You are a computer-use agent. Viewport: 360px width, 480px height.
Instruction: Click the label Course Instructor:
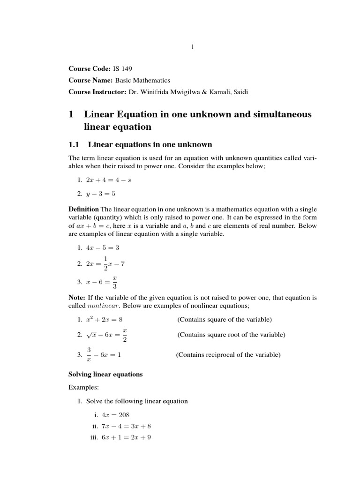[x=97, y=92]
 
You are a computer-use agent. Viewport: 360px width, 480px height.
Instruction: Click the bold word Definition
[x=83, y=209]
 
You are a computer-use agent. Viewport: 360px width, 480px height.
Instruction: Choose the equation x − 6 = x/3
[x=101, y=282]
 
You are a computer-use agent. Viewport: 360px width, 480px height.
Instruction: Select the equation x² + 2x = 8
[x=104, y=320]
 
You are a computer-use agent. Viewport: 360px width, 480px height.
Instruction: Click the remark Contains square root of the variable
[x=231, y=335]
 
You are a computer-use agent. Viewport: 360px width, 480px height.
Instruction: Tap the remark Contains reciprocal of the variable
[x=228, y=355]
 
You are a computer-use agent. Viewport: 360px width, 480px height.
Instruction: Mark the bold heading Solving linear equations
[x=105, y=375]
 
